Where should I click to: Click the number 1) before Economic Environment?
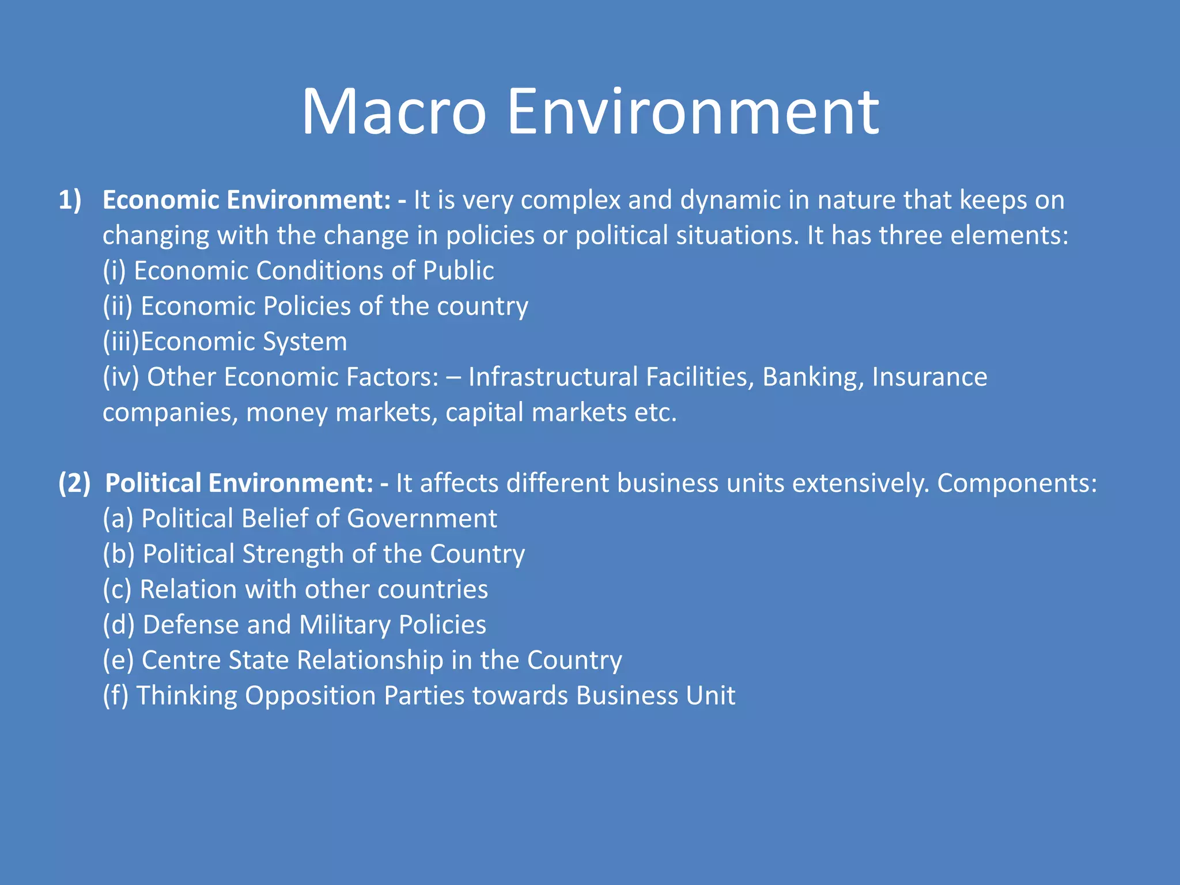point(70,200)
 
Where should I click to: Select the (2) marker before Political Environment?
point(74,483)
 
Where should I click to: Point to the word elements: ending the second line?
point(1009,236)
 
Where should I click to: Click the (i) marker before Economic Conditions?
point(114,271)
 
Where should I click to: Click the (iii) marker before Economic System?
point(120,342)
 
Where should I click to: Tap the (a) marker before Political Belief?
point(118,519)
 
